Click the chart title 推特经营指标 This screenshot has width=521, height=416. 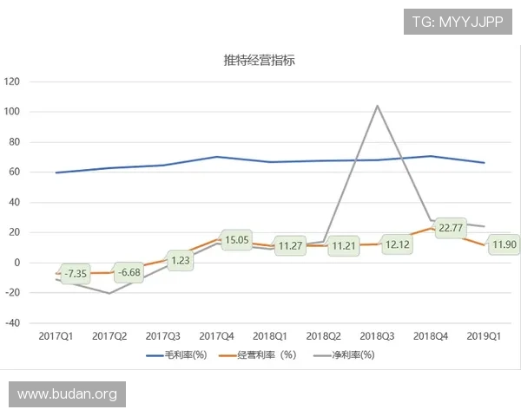(x=261, y=61)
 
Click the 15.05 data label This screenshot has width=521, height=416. (x=236, y=240)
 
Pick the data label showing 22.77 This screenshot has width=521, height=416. (x=451, y=228)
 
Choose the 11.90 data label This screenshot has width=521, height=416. (x=504, y=245)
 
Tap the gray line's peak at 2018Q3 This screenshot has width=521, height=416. (x=377, y=106)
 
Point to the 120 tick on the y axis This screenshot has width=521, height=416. (x=12, y=81)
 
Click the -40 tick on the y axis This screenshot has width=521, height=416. (x=12, y=323)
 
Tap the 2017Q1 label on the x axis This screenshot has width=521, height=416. (x=56, y=335)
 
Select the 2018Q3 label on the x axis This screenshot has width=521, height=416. (x=377, y=335)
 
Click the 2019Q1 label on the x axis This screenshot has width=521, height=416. (x=484, y=335)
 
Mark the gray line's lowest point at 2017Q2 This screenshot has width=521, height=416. (x=110, y=293)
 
